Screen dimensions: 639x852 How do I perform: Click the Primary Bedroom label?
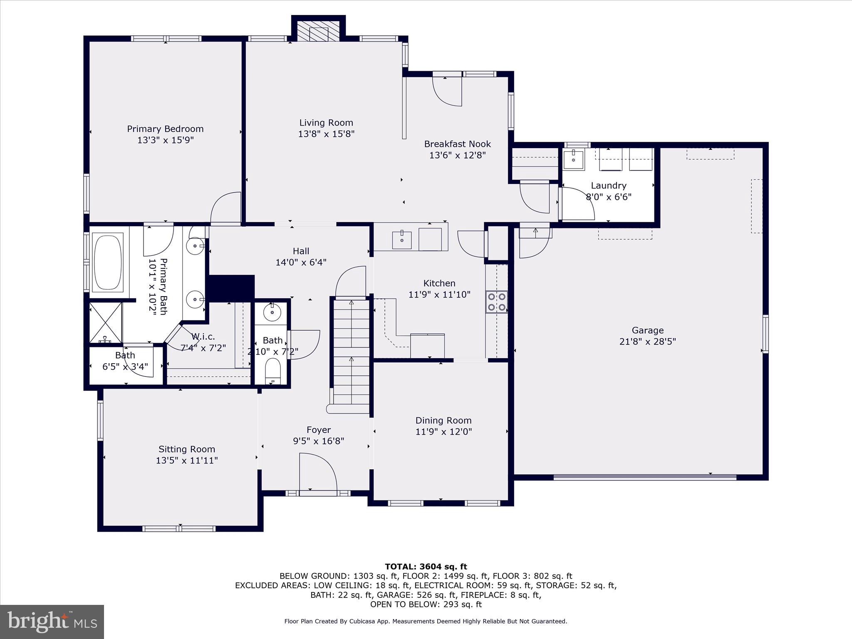(165, 129)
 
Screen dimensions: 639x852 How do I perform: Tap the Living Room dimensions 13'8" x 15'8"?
(326, 134)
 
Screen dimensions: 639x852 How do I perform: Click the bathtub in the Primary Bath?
(108, 262)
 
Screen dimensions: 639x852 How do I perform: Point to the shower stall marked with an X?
(106, 322)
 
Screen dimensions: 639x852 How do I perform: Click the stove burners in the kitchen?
(497, 302)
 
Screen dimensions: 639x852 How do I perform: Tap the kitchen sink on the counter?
(401, 240)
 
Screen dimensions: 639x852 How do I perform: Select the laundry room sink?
(573, 159)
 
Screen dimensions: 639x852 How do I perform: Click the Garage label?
(647, 330)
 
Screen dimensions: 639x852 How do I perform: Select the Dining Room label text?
(443, 421)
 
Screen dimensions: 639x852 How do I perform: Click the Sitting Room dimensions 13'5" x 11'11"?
(186, 461)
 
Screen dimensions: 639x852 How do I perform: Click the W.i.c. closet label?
(203, 337)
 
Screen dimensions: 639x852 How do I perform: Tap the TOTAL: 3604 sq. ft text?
(426, 567)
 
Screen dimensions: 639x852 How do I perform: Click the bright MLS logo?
(52, 621)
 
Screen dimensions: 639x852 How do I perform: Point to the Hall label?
(301, 251)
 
